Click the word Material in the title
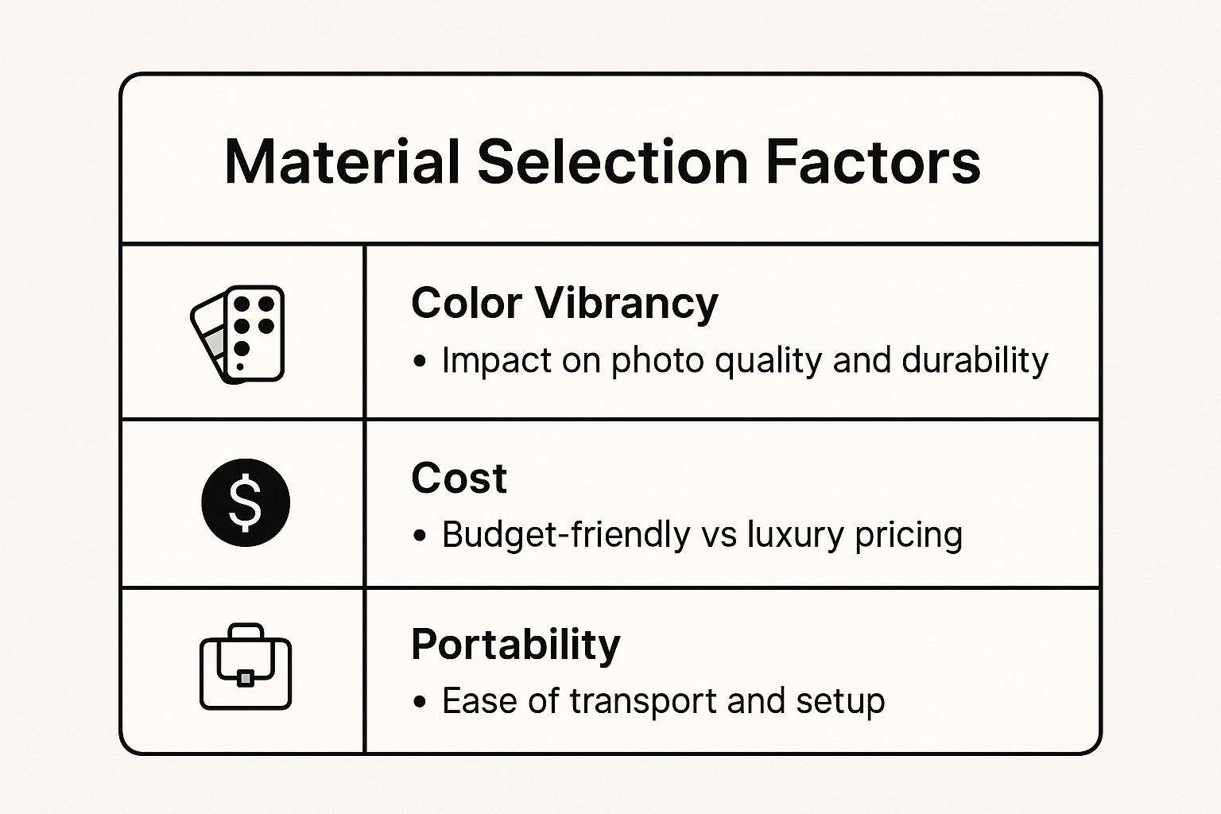pyautogui.click(x=343, y=162)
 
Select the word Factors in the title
pyautogui.click(x=874, y=162)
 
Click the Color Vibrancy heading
pyautogui.click(x=564, y=304)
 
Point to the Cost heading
pyautogui.click(x=459, y=479)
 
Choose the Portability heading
pyautogui.click(x=516, y=645)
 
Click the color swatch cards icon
pyautogui.click(x=238, y=334)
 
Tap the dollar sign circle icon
pyautogui.click(x=246, y=502)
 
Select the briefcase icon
pyautogui.click(x=246, y=666)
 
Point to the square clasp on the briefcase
pyautogui.click(x=246, y=678)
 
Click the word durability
pyautogui.click(x=975, y=360)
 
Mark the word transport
pyautogui.click(x=643, y=702)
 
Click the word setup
pyautogui.click(x=840, y=702)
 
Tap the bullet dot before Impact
pyautogui.click(x=419, y=361)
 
